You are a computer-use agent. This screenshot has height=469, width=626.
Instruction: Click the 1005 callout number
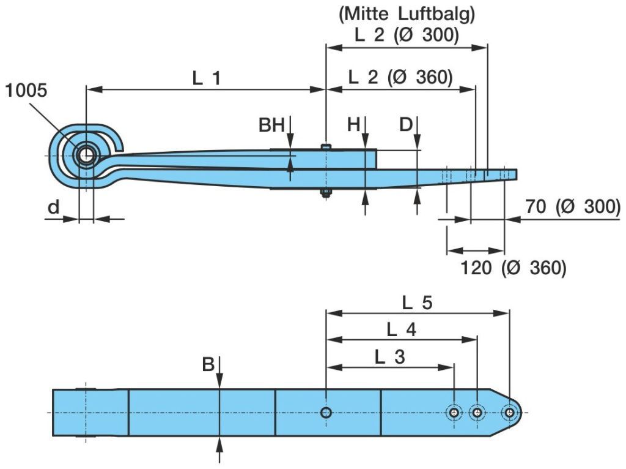pos(25,91)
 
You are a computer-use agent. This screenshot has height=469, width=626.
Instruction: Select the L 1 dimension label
pos(206,78)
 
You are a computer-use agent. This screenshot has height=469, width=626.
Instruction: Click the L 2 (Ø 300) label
pos(406,36)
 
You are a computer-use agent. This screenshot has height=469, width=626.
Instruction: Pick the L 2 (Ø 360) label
pos(400,78)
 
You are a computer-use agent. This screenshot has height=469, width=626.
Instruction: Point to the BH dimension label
pos(271,126)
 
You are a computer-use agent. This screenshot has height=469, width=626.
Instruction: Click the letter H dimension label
pos(354,125)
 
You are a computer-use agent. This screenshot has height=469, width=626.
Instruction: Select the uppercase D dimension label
pos(407,125)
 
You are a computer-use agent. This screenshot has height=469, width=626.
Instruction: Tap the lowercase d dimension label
pos(54,208)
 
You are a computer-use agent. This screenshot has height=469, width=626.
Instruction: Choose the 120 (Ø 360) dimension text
pos(513,268)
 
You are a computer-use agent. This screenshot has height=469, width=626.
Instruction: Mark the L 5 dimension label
pos(418,302)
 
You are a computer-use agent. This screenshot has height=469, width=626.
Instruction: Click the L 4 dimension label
pos(402,330)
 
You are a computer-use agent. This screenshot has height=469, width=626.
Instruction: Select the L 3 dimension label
pos(390,357)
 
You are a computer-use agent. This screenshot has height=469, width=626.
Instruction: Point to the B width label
pos(208,365)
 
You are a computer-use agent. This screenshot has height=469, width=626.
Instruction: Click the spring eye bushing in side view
pos(86,156)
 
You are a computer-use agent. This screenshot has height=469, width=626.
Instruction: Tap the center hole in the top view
pos(326,413)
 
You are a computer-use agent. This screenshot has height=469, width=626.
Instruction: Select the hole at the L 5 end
pos(509,413)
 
